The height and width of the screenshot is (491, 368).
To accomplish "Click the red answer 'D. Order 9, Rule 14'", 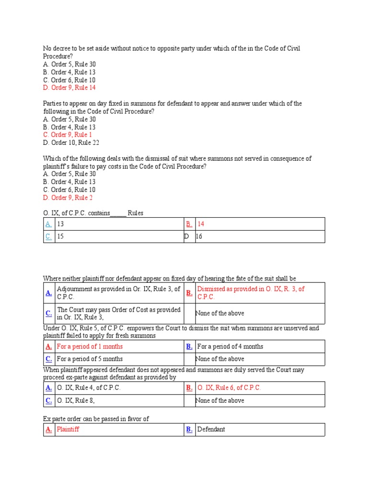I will tap(69, 88).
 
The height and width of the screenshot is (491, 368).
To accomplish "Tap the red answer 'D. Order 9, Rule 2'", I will tap(68, 198).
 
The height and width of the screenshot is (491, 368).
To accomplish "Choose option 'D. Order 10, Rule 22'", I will tap(71, 142).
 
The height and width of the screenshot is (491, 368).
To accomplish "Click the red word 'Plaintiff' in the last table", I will tap(68, 429).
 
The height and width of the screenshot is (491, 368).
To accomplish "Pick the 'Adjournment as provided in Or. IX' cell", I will tap(118, 292).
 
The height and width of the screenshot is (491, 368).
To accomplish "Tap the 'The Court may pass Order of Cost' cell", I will tap(118, 313).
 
